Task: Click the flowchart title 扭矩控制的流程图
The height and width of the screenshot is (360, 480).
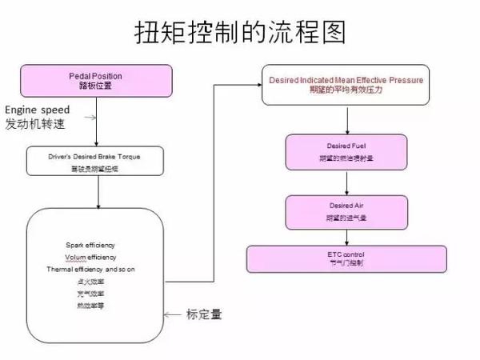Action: (x=240, y=31)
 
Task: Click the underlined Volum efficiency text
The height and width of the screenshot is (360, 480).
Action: (x=91, y=257)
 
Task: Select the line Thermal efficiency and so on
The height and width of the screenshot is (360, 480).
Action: (x=91, y=270)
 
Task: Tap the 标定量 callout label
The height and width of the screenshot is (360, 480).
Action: (x=203, y=314)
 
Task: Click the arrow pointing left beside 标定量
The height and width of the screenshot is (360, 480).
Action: (x=173, y=315)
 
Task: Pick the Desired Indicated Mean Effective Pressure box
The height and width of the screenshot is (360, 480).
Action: (x=346, y=86)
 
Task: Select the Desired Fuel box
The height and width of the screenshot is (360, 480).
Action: (x=346, y=151)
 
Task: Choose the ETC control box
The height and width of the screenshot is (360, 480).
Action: (x=346, y=258)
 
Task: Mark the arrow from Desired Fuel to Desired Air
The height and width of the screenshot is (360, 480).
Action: (x=346, y=182)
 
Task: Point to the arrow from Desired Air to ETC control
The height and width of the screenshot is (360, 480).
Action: (x=346, y=236)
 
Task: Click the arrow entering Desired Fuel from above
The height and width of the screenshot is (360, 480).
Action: (x=346, y=119)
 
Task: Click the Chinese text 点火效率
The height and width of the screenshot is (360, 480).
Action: (x=91, y=282)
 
